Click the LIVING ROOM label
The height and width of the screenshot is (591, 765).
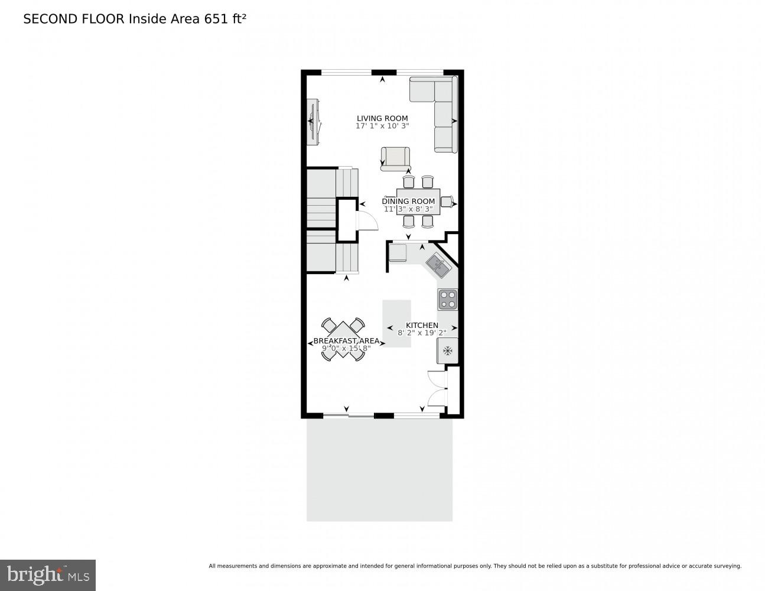[382, 118]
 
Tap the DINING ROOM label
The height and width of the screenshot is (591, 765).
[408, 202]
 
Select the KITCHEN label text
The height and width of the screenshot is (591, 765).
[422, 325]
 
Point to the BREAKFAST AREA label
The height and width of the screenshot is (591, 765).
[346, 341]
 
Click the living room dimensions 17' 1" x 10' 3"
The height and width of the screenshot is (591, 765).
[382, 126]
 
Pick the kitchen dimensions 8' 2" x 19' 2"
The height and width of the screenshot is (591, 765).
[422, 333]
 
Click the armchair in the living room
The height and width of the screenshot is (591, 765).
[395, 158]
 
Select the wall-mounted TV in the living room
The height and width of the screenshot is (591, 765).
[312, 121]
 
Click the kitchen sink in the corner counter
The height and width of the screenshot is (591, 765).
[438, 264]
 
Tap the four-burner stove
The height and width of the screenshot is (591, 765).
[447, 300]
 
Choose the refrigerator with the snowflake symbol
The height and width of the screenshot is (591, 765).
[447, 351]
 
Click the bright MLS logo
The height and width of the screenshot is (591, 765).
[48, 574]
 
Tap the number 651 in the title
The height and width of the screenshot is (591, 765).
[216, 19]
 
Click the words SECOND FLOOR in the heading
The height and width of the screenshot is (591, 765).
[74, 19]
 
